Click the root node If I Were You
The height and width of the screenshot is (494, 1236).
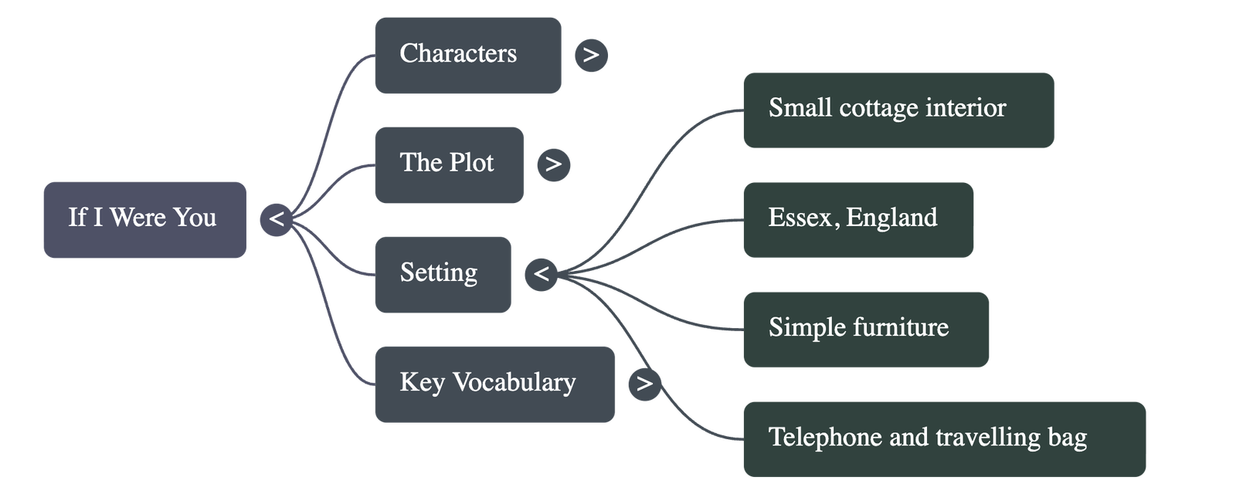tap(144, 219)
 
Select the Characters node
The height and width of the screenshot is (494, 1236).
tap(467, 56)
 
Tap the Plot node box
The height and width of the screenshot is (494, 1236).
tap(449, 164)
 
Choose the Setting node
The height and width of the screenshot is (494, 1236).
tap(442, 274)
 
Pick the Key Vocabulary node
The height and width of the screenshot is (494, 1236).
tap(494, 384)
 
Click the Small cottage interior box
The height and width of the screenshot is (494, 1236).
tap(898, 110)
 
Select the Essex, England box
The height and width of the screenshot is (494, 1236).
tap(857, 219)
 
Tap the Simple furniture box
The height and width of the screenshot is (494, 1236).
tap(865, 329)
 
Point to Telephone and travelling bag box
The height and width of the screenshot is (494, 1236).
tap(944, 438)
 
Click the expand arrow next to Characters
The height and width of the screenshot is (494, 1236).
tap(591, 56)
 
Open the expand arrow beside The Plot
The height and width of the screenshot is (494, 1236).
tap(553, 164)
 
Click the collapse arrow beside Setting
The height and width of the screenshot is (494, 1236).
tap(542, 274)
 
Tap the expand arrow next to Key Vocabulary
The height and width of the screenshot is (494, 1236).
tap(645, 384)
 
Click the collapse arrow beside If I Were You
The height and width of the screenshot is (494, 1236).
tap(276, 219)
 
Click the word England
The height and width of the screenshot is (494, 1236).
tap(891, 218)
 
